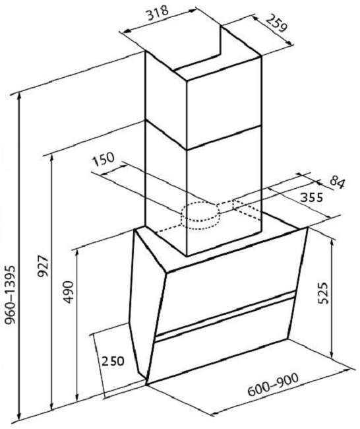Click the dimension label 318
coord(158,13)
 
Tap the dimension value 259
coord(277,23)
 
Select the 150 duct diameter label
coord(104,160)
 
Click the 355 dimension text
coord(311,197)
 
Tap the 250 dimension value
coord(113,361)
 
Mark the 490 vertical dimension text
coord(69,292)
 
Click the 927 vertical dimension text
coord(43,266)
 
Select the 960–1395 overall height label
coord(11,294)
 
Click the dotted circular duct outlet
coord(200,216)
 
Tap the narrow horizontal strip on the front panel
coord(225,316)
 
